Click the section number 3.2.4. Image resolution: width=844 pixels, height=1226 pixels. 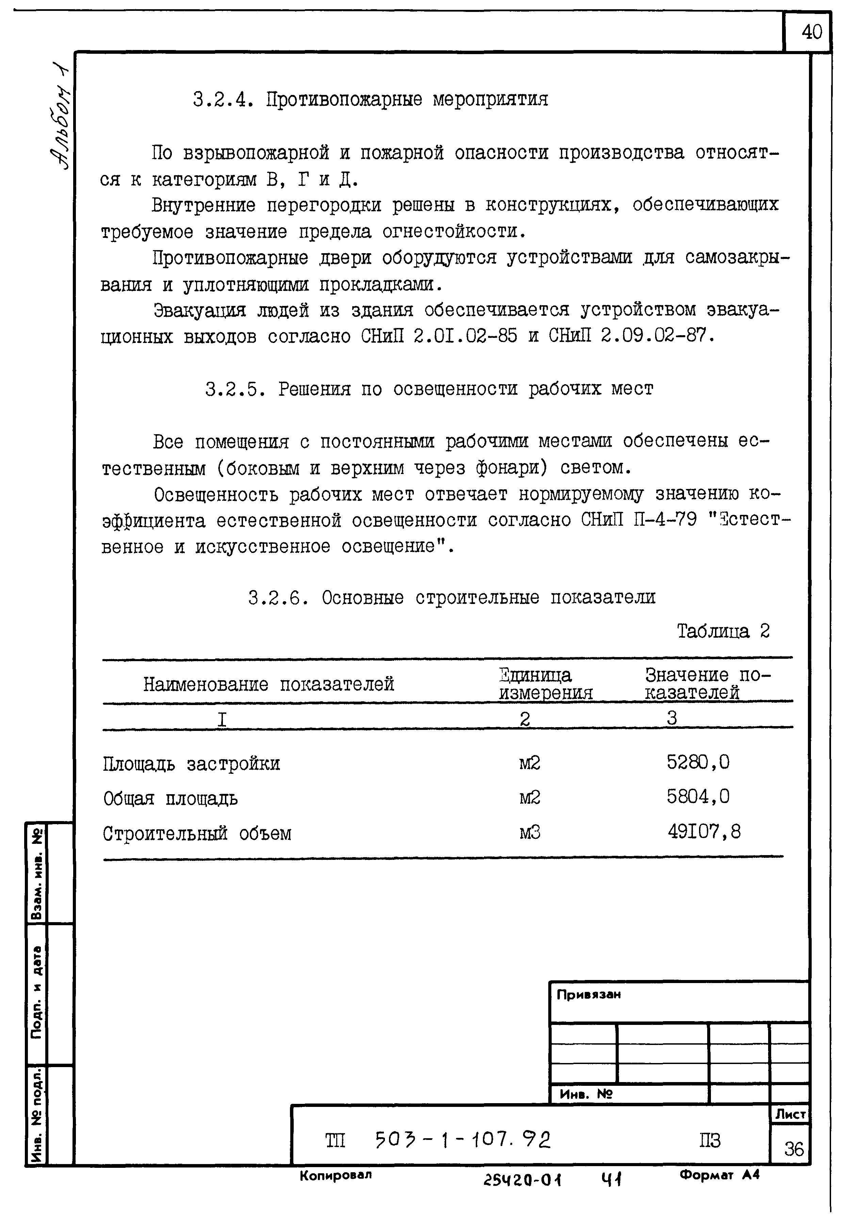[222, 99]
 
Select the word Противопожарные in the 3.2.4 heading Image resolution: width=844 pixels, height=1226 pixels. [344, 99]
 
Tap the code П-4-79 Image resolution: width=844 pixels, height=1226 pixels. [665, 521]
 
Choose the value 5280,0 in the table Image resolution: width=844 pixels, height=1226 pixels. [698, 762]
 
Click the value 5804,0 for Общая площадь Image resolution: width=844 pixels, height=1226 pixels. [698, 796]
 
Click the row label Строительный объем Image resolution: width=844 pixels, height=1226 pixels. [197, 834]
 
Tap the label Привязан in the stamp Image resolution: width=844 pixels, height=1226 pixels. [588, 994]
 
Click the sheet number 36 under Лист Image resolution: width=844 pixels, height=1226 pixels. [794, 1149]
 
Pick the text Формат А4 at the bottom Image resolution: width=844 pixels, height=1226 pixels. [719, 1175]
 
